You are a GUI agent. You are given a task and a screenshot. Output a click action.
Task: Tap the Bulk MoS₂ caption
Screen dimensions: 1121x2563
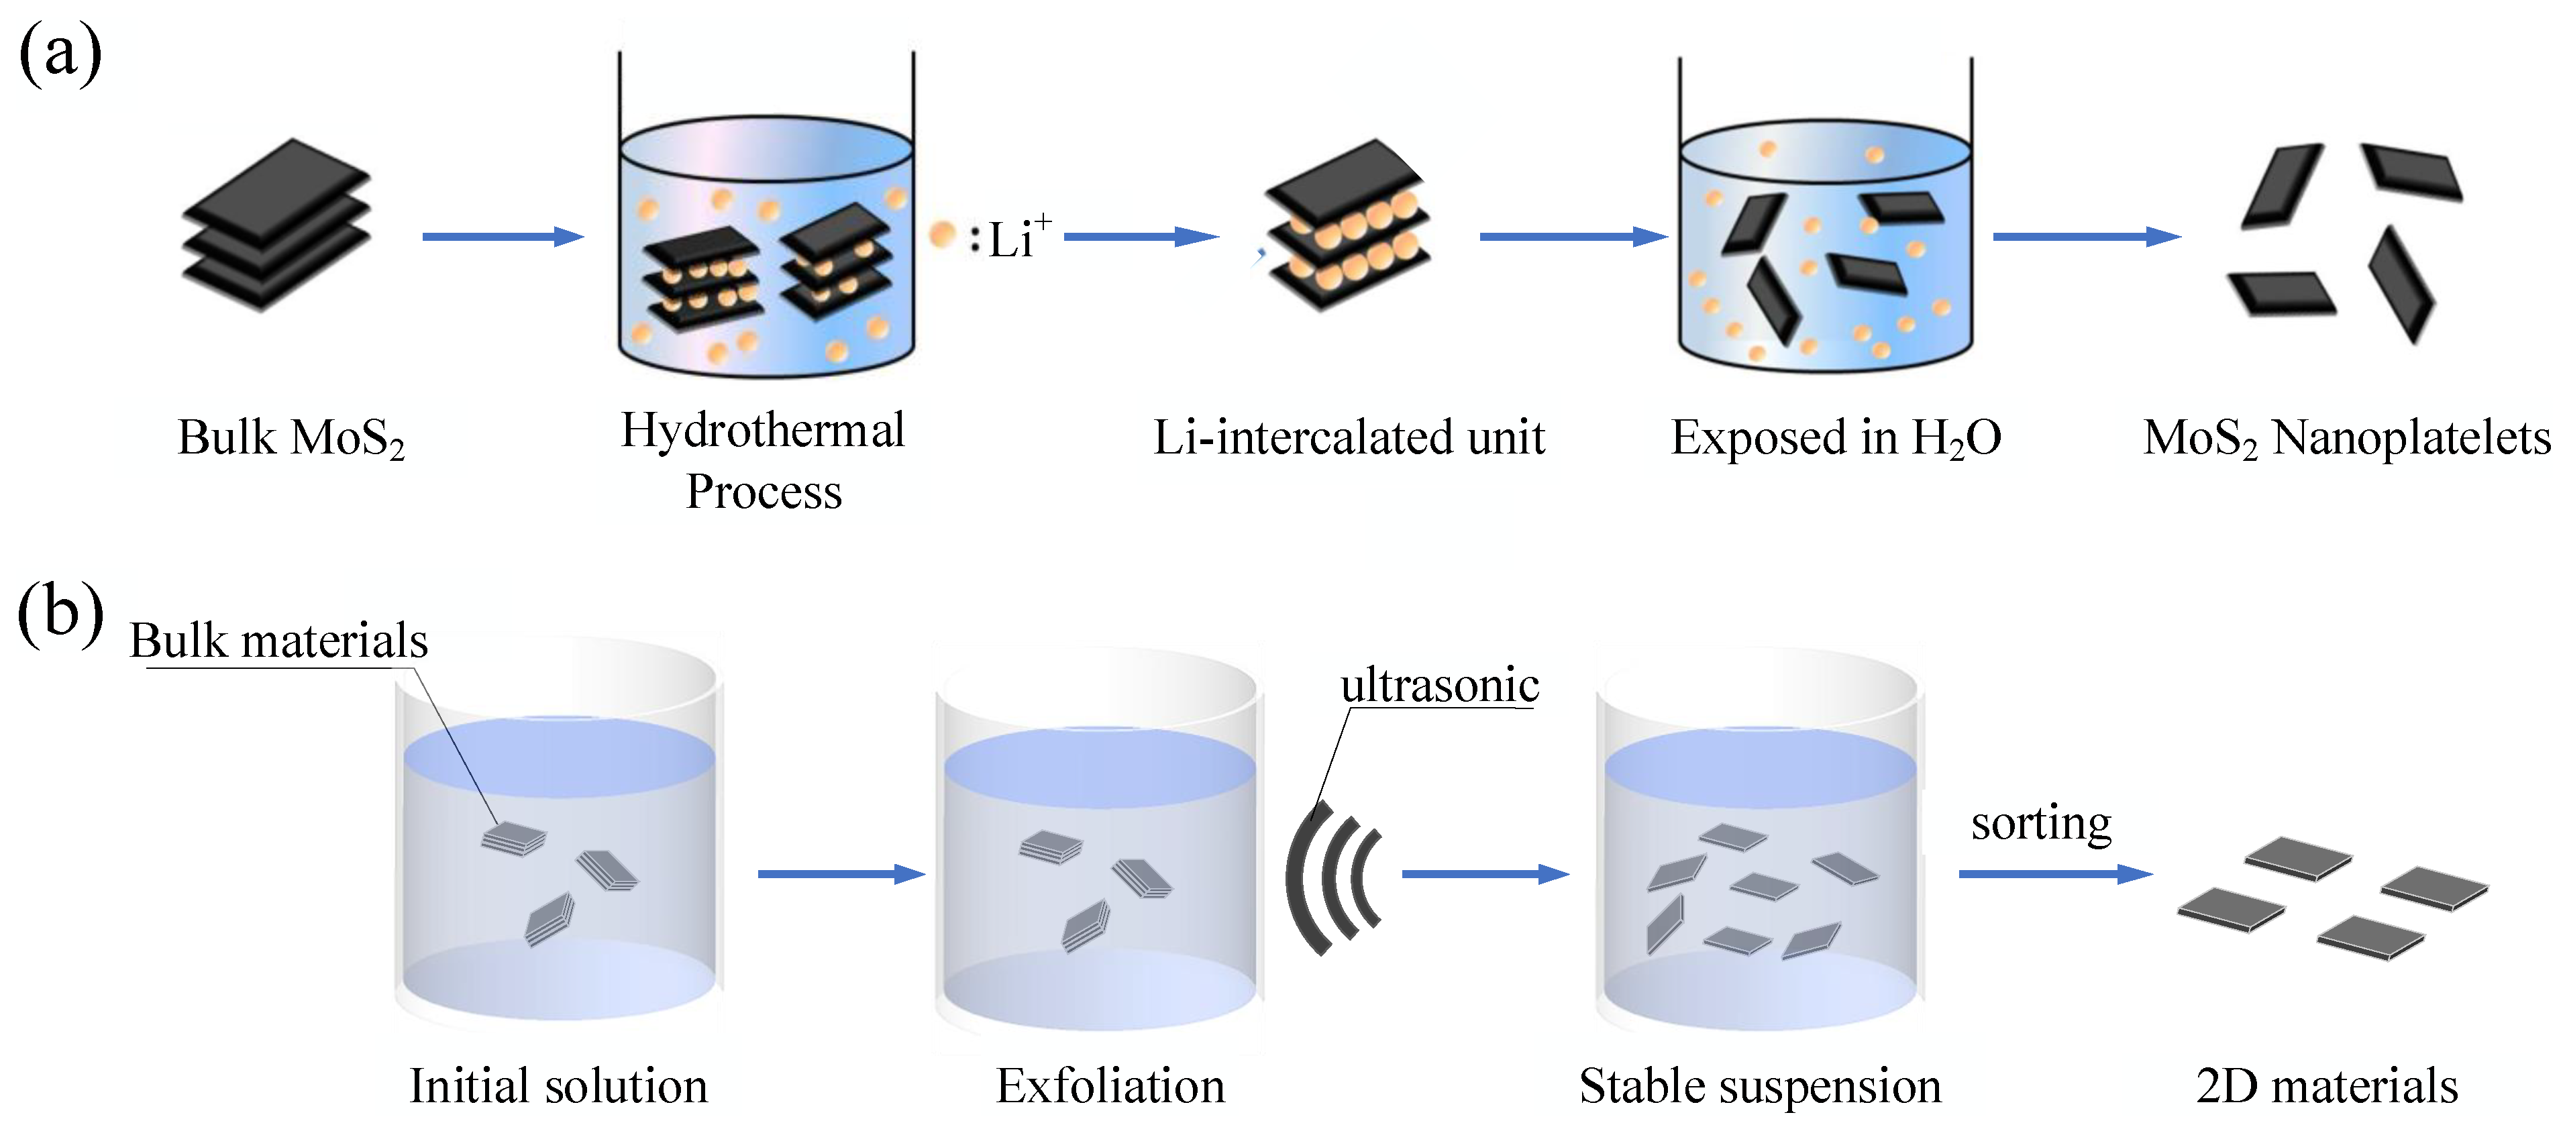[291, 437]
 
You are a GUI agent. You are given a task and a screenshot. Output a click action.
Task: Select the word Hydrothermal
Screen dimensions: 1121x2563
[763, 431]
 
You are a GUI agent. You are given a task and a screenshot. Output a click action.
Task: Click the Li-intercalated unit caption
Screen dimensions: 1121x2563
[1348, 437]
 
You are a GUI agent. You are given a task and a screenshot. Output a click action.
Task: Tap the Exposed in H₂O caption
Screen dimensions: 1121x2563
[1836, 437]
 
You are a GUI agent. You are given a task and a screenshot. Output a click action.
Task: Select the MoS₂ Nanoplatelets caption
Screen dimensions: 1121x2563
[2346, 437]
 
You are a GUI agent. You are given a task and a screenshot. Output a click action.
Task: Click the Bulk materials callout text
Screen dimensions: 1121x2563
[278, 641]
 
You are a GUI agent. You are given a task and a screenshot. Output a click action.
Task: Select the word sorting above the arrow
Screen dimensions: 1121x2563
[2040, 824]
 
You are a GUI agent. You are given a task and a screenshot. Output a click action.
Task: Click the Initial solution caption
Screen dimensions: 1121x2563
[558, 1085]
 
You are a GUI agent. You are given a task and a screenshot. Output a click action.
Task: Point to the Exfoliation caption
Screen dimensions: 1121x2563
[1110, 1085]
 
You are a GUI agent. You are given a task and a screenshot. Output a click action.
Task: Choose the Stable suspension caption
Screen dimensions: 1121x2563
[1759, 1085]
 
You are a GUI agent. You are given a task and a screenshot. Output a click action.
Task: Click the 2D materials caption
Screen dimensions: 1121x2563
[2326, 1085]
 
